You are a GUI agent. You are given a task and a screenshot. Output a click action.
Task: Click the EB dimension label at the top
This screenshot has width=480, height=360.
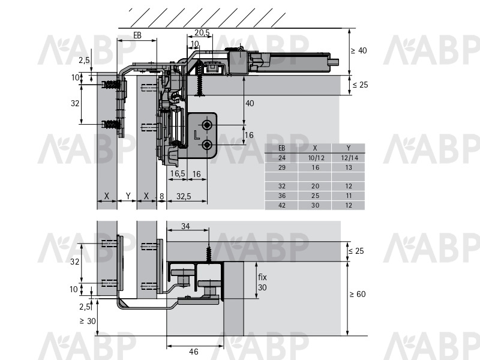tap(137, 35)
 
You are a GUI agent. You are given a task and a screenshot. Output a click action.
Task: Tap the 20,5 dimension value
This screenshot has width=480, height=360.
tap(202, 32)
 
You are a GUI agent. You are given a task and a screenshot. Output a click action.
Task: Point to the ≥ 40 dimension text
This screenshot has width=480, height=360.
tap(358, 50)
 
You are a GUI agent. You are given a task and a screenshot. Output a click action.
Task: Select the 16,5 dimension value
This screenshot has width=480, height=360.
tap(178, 173)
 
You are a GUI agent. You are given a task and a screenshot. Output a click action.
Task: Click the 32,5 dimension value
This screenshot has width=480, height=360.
tap(184, 196)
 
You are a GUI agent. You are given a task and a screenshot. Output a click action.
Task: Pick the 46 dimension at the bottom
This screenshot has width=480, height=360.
tap(193, 352)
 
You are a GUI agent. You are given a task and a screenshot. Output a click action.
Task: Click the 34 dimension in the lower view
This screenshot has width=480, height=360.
tap(185, 226)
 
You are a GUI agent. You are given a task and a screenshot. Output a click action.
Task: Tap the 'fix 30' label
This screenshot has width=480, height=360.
tap(262, 282)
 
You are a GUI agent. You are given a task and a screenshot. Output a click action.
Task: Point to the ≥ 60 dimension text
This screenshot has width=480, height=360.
tap(358, 294)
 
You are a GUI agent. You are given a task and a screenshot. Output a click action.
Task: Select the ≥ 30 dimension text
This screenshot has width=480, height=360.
tap(88, 321)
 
